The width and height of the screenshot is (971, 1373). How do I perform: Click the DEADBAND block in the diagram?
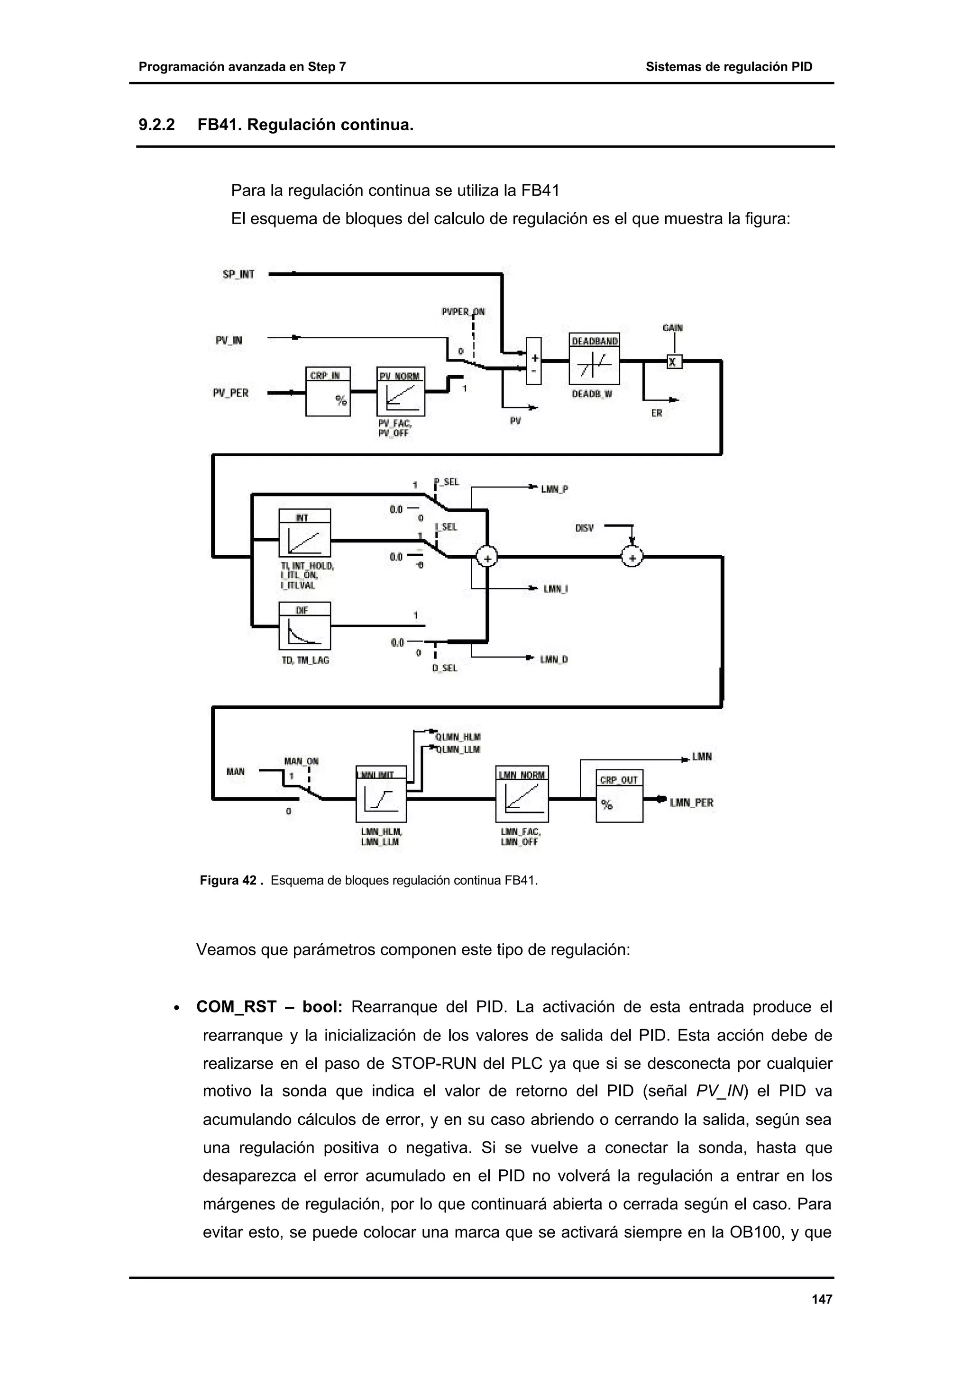(594, 359)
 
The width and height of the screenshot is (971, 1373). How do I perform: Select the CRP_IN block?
(327, 392)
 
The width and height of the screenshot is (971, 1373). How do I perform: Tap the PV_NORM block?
(400, 392)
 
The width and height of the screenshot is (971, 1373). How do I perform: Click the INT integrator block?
(304, 533)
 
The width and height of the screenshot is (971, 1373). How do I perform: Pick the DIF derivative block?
(304, 626)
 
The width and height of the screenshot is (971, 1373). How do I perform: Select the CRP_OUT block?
(619, 796)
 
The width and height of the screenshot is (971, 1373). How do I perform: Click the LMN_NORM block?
(522, 794)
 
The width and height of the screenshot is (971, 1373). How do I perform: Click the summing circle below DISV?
(632, 557)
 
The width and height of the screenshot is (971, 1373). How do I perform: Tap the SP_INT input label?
(238, 274)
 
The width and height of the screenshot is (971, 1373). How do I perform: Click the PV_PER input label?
(230, 393)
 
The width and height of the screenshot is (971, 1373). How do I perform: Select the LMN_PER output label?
(692, 803)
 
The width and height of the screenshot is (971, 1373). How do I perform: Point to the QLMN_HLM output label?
(458, 737)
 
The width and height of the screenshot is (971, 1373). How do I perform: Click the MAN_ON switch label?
(301, 761)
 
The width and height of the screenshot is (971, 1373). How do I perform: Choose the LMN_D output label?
(554, 659)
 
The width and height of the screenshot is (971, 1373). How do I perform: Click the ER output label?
(656, 413)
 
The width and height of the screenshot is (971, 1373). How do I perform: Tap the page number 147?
(822, 1300)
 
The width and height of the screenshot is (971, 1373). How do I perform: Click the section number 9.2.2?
(157, 125)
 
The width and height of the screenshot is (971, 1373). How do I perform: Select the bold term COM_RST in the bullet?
(236, 1007)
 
